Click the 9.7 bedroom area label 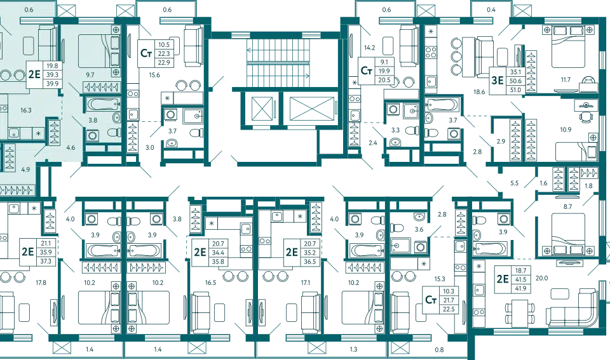pos(90,75)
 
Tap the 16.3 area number pos(26,110)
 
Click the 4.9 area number pos(25,170)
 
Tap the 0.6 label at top pos(28,10)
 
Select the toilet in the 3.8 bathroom pos(113,133)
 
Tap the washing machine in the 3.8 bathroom pos(93,135)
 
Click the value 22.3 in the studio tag pos(163,54)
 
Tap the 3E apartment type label pos(496,80)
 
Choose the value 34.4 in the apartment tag pos(219,252)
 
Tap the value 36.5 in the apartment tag pos(310,261)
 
